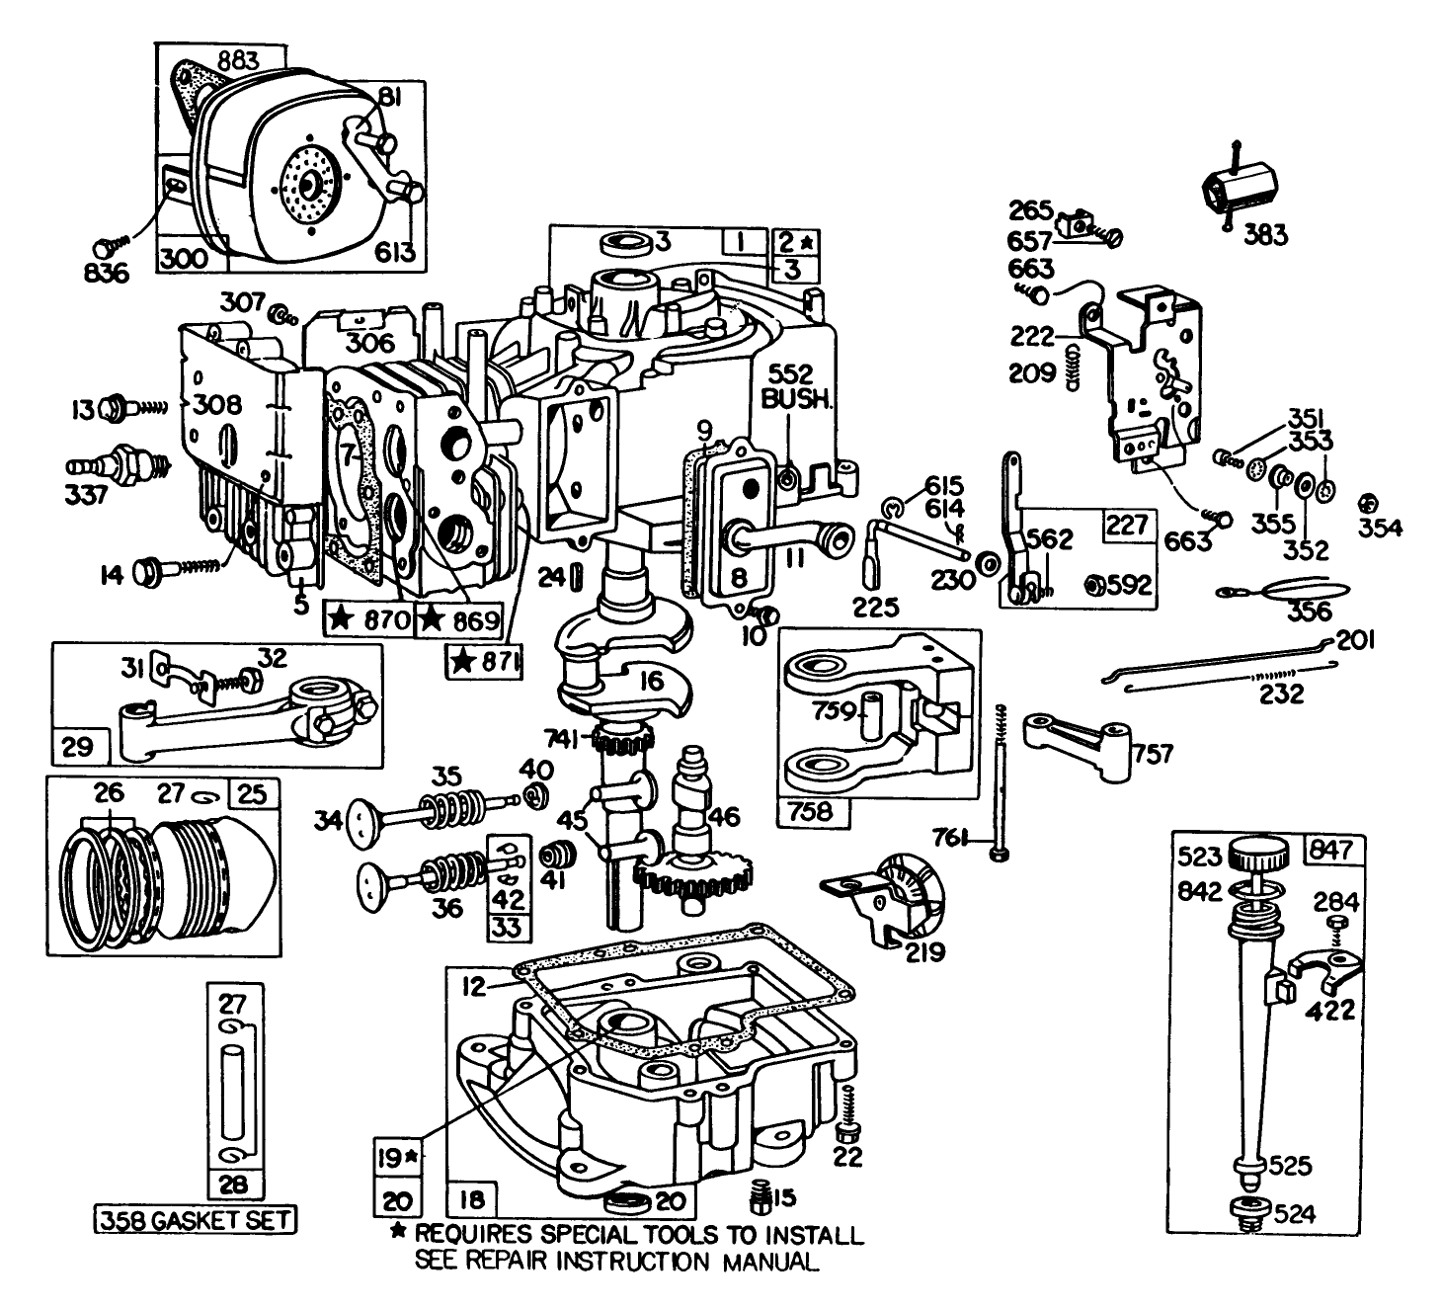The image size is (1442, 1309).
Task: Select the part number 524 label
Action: click(x=1295, y=1214)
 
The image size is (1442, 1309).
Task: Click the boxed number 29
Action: click(x=72, y=746)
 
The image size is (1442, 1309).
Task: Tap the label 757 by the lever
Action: click(x=1154, y=754)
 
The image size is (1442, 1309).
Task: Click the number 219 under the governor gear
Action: click(x=924, y=952)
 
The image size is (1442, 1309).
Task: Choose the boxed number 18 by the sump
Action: click(x=473, y=1200)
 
